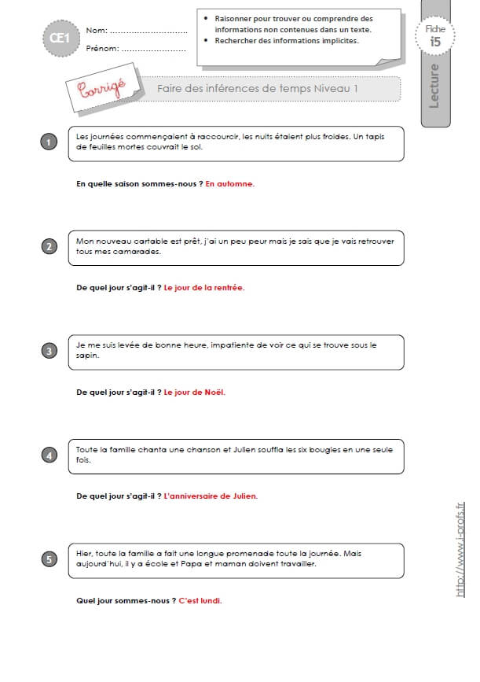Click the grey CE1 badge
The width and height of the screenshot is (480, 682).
(x=60, y=39)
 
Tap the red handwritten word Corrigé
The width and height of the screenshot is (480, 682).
(x=102, y=88)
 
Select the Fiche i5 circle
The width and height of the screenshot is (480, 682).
(x=434, y=35)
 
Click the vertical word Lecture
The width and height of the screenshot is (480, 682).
(x=434, y=86)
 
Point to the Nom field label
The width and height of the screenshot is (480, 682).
(x=97, y=31)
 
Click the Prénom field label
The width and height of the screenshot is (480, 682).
(x=102, y=48)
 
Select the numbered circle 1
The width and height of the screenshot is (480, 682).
(x=49, y=142)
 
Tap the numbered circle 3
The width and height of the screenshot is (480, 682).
(x=49, y=351)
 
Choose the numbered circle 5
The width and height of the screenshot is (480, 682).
(x=49, y=559)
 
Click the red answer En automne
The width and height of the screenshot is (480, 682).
(x=230, y=184)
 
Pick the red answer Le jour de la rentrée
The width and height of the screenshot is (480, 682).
(x=204, y=288)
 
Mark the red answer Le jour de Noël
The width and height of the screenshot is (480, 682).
(x=194, y=393)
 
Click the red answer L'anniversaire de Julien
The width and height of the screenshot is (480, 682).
(x=211, y=496)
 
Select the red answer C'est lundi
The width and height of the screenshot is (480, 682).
(x=200, y=601)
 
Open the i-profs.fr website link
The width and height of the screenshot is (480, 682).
(x=460, y=549)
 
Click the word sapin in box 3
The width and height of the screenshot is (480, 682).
(x=87, y=356)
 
